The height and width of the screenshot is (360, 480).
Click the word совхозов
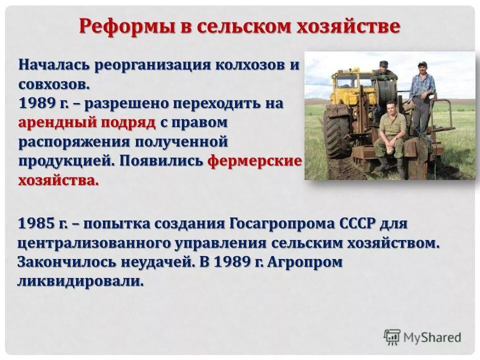pos(54,83)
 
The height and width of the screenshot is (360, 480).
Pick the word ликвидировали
pos(80,281)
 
